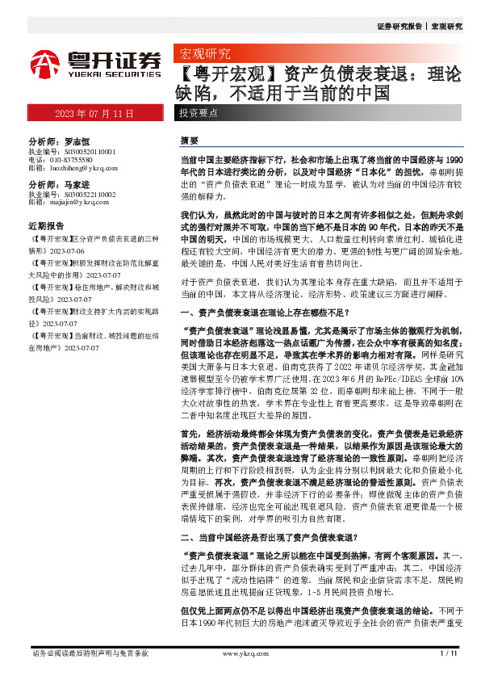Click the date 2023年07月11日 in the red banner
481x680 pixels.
coord(95,114)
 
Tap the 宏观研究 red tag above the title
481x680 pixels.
coord(204,55)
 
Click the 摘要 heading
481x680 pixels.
coord(189,140)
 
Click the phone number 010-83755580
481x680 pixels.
coord(76,159)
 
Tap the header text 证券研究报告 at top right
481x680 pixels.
coord(399,27)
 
